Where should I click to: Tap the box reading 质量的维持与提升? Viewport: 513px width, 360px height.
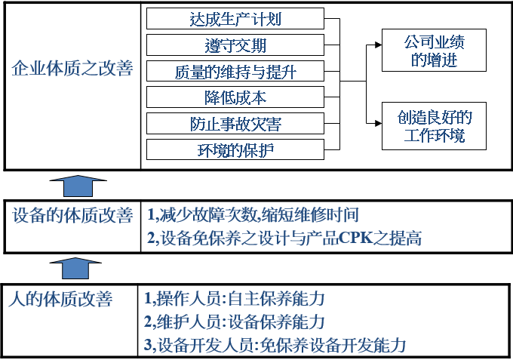235,72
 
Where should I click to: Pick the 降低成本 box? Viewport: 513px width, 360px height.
235,97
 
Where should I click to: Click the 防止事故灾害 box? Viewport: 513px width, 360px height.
235,123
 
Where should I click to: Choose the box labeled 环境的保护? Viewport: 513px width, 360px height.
235,149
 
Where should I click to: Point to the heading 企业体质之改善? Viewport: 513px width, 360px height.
72,69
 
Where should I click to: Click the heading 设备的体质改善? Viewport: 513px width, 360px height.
72,215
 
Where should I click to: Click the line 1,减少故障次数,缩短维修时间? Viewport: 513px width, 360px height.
252,215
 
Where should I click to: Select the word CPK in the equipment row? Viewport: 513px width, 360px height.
367,239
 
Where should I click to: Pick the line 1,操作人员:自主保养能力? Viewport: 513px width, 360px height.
234,299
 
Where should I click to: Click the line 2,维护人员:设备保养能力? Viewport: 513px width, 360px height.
234,322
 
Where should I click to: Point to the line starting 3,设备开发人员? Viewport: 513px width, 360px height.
275,346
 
